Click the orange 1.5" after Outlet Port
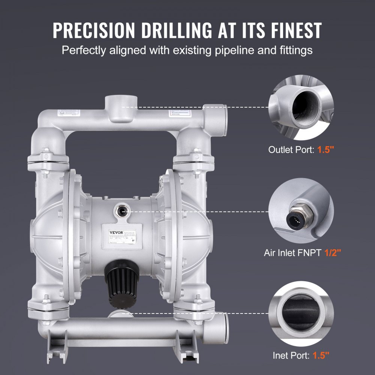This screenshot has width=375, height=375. point(325,150)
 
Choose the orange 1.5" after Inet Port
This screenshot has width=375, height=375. point(321,355)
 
